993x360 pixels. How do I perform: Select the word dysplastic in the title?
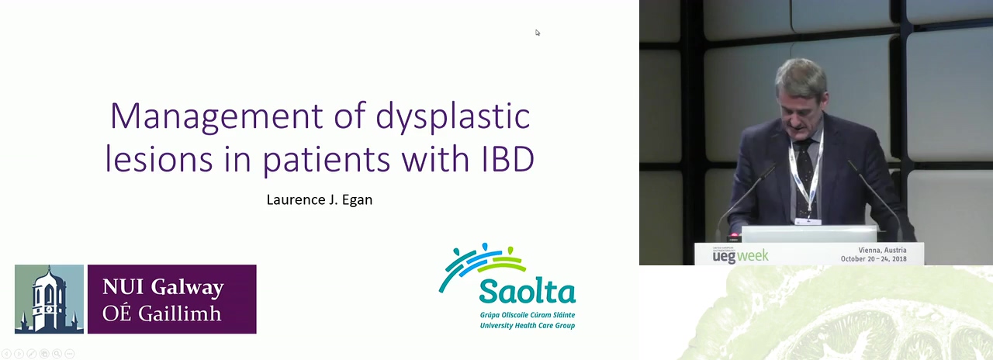tap(452, 116)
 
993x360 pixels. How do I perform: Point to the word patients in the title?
tap(327, 160)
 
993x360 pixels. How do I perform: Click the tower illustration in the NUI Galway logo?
tap(49, 299)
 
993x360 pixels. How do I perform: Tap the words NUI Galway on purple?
tap(163, 287)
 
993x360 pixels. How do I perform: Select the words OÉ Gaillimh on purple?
tap(162, 313)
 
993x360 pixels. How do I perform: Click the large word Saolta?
tap(527, 291)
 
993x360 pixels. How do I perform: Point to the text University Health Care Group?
tap(528, 325)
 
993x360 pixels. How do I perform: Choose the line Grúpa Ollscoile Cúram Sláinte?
tap(528, 315)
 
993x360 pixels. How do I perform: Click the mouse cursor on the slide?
tap(538, 33)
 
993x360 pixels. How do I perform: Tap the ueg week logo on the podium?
tap(740, 255)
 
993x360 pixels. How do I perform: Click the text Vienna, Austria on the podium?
tap(882, 250)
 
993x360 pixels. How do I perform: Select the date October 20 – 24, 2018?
tap(874, 258)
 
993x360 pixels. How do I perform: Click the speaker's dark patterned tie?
tap(804, 178)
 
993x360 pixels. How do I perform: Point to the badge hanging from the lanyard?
tap(808, 221)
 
